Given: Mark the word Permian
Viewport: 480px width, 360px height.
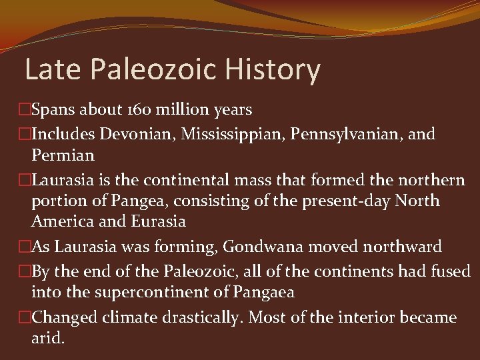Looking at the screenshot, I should [x=63, y=155].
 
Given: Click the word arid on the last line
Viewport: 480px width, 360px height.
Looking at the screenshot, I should [x=48, y=338].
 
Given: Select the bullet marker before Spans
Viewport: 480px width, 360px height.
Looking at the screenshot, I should [x=25, y=110].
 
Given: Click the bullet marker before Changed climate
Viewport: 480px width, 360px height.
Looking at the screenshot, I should [x=25, y=317].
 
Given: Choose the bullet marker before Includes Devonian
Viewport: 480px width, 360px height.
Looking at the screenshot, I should [x=25, y=134].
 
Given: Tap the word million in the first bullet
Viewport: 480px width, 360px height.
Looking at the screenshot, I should [x=177, y=110].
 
